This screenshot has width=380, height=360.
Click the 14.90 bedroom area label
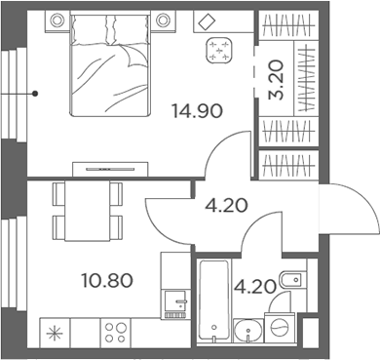(x=198, y=111)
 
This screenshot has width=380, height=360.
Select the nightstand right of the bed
(x=159, y=19)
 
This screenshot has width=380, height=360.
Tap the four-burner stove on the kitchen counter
(x=117, y=333)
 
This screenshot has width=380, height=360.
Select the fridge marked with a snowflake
(x=54, y=334)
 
